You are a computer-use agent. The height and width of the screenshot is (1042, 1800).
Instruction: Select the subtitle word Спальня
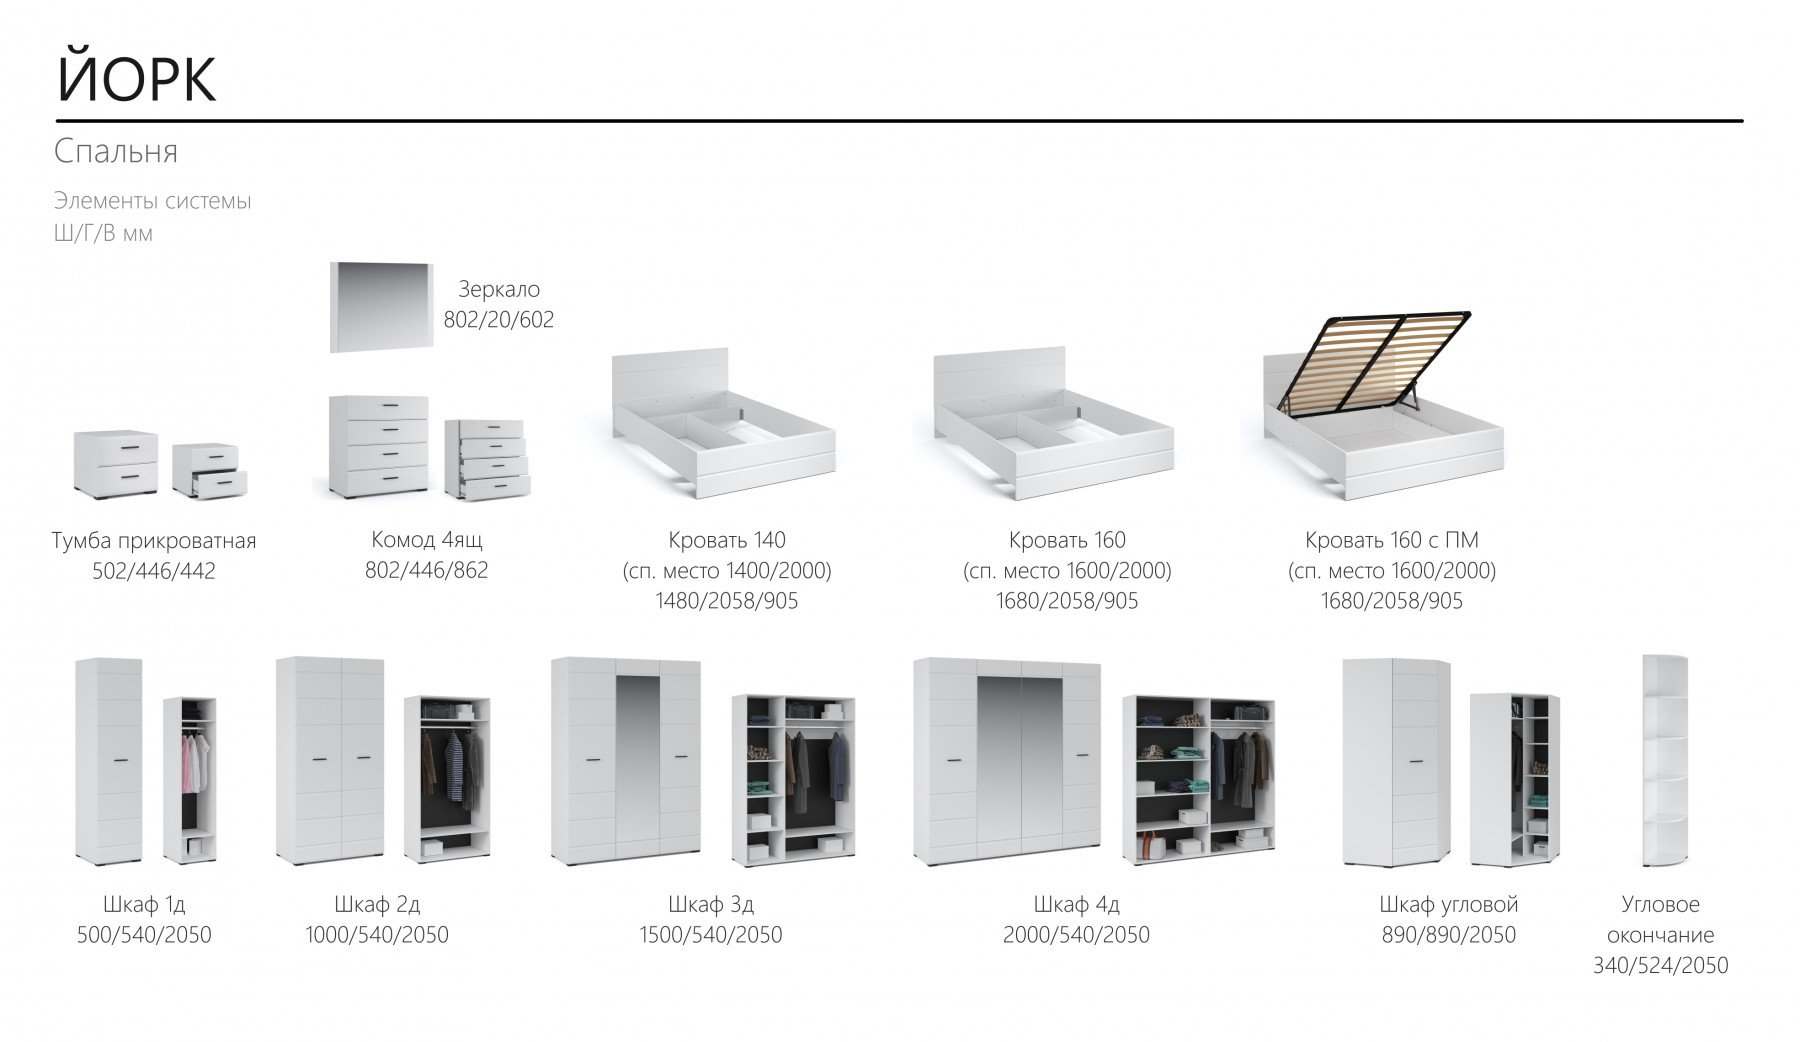click(116, 151)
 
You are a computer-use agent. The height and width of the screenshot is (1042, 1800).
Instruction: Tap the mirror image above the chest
click(381, 307)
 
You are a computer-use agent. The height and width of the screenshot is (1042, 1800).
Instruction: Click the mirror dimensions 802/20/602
click(499, 320)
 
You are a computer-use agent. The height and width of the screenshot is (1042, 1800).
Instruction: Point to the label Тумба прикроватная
click(154, 541)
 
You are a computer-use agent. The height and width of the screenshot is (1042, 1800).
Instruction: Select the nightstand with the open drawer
click(209, 471)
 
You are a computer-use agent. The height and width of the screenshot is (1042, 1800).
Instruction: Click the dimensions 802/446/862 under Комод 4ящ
click(427, 570)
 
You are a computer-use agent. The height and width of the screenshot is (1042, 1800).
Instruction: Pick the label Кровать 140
click(727, 540)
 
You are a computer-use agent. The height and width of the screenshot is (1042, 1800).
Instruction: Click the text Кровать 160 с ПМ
click(1392, 540)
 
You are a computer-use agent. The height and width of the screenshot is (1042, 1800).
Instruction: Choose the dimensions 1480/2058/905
click(727, 601)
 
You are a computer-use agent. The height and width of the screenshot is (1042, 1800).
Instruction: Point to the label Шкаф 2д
click(377, 904)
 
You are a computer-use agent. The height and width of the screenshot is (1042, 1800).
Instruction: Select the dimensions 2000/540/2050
click(1076, 935)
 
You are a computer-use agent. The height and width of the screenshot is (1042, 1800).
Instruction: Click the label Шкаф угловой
click(1449, 904)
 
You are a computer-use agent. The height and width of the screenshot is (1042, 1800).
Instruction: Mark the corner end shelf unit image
click(1665, 761)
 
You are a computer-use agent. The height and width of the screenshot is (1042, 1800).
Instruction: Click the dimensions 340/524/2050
click(1661, 965)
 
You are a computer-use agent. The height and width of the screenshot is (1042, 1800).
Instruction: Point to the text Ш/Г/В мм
click(103, 233)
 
